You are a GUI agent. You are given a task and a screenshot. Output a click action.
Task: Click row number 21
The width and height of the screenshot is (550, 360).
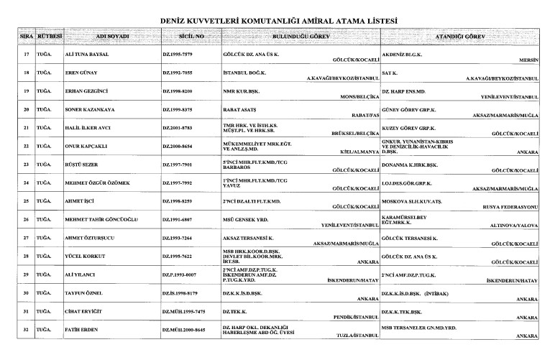tap(27, 128)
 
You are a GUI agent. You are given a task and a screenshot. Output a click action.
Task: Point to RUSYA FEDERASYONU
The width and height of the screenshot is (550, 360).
tap(511, 207)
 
